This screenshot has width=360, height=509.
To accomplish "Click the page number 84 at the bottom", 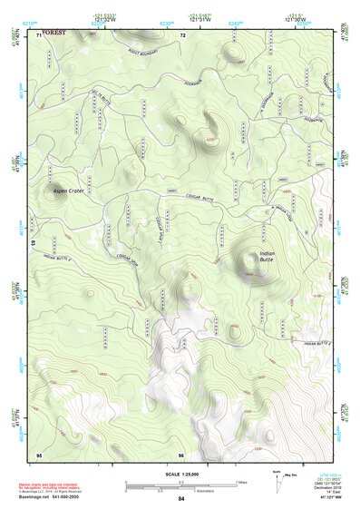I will pyautogui.click(x=181, y=499).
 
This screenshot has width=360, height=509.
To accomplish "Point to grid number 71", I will pyautogui.click(x=38, y=35).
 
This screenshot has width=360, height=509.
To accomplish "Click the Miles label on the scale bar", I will pyautogui.click(x=241, y=482).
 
